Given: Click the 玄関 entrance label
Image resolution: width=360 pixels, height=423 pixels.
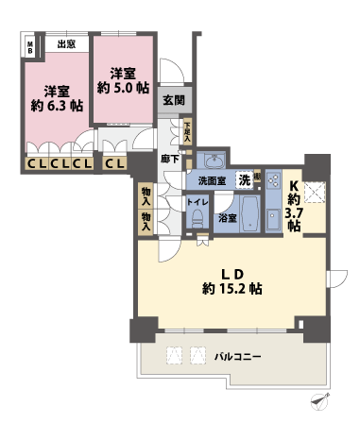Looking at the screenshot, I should pos(173,100).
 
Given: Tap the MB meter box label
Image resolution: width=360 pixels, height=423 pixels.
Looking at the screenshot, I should pos(30,46).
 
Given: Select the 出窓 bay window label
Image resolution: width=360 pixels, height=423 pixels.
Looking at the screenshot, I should pos(65,43).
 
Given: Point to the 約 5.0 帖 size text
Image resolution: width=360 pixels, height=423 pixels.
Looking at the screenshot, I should pos(123,86).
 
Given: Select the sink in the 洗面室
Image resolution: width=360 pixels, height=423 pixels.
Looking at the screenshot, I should pos(214,159).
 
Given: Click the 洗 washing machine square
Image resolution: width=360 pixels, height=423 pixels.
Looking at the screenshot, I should pos(244,179).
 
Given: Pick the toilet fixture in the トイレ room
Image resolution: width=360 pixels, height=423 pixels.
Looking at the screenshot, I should pos(197,217).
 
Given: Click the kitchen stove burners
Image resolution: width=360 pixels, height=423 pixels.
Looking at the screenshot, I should pos(272,178).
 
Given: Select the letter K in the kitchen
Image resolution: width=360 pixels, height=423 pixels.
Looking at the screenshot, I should pos(294,185).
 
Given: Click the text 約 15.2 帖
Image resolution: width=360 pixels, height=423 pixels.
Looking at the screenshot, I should pos(230,288).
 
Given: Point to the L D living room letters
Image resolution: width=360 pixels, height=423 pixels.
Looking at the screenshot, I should pos(231,271).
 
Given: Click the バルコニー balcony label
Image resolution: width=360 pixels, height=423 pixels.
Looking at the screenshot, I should pos(237,356).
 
